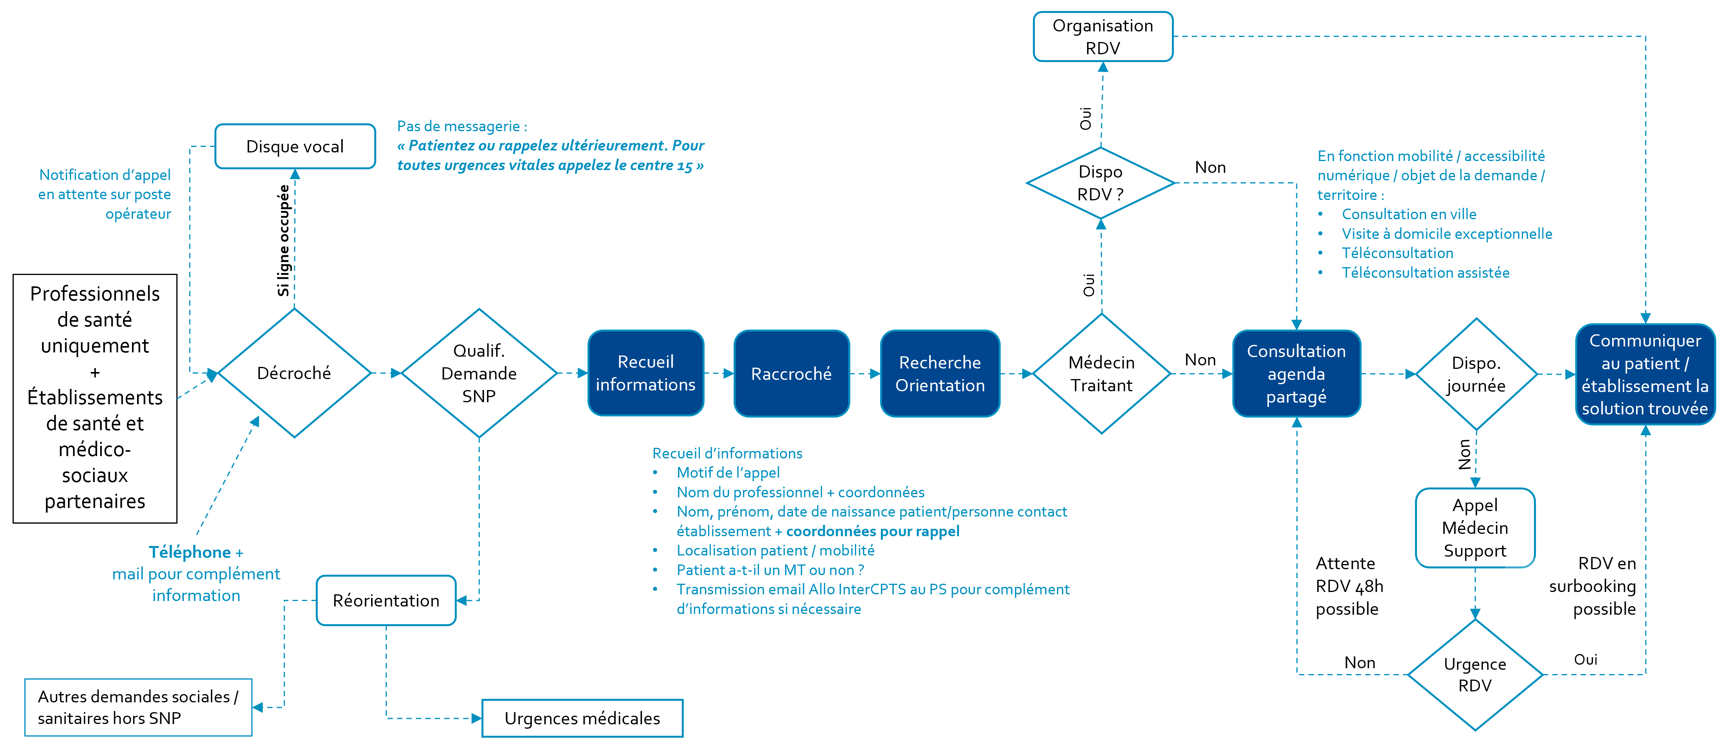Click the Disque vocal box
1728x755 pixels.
click(295, 146)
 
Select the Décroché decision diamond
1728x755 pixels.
click(295, 373)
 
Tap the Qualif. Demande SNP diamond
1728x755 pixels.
click(479, 373)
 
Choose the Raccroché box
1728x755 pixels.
click(792, 373)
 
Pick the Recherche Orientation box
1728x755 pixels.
click(940, 373)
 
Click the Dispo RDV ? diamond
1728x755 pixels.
click(1101, 183)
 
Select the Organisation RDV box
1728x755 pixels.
click(1103, 36)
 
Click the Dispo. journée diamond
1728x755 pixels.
click(1476, 374)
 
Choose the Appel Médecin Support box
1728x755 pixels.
click(1475, 528)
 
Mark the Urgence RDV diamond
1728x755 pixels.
click(1475, 674)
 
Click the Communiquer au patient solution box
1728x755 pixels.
click(1645, 374)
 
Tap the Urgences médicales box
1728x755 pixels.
click(582, 718)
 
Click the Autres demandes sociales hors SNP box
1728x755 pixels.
click(138, 707)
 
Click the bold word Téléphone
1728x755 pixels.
click(190, 552)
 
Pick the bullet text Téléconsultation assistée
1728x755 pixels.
click(1426, 273)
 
